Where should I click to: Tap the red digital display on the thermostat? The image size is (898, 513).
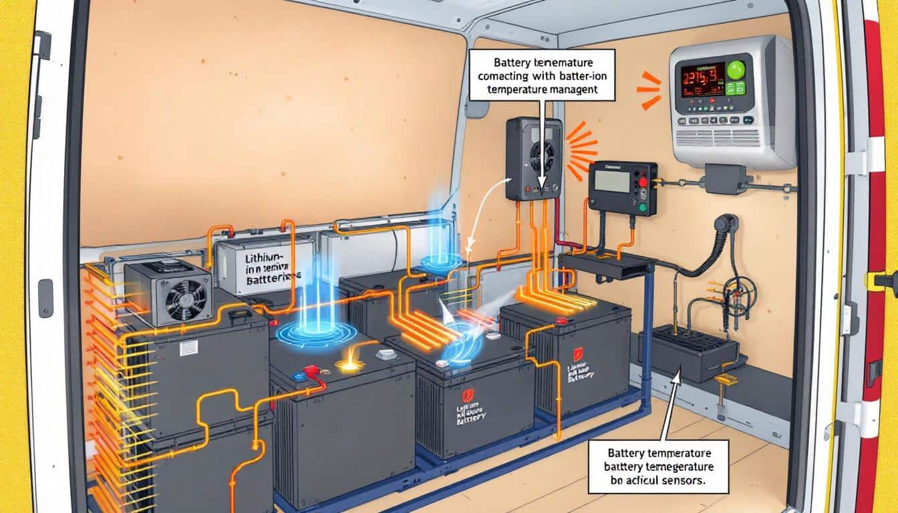click(702, 79)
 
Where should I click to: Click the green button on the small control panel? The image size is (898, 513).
click(643, 207)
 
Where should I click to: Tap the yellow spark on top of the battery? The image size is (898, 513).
click(347, 365)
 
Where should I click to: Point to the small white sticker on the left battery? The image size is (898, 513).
click(188, 347)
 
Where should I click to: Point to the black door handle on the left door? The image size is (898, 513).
click(45, 298)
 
